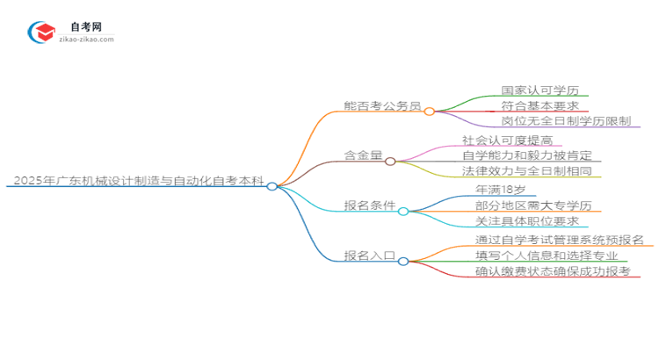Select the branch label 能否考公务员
coord(383,106)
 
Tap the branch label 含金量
coord(364,155)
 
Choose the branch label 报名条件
coord(370,207)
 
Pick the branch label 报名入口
coord(370,256)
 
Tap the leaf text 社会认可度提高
coord(512,140)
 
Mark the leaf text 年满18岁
coord(500,190)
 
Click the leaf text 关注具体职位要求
coord(526,221)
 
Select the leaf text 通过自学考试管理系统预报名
coord(553,240)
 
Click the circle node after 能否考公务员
coord(430,112)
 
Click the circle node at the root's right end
coord(272,186)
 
